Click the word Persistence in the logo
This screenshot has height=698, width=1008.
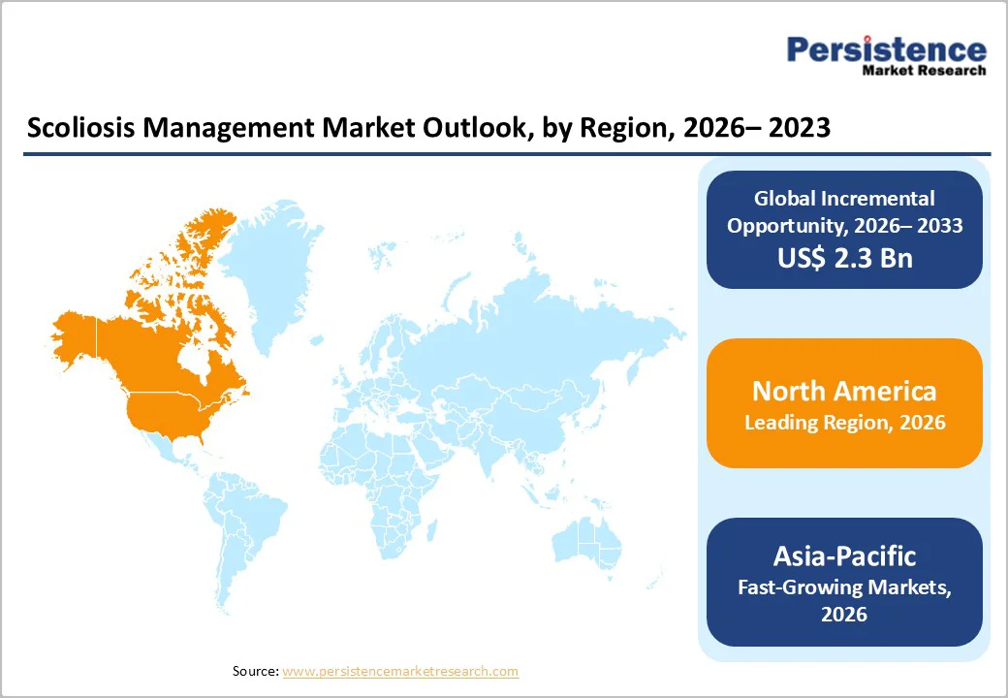pyautogui.click(x=886, y=49)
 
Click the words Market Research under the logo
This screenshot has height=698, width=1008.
pyautogui.click(x=924, y=71)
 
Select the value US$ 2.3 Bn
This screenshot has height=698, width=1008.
pyautogui.click(x=843, y=259)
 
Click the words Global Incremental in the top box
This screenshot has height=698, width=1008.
pyautogui.click(x=843, y=199)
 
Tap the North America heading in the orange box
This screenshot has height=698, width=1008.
pyautogui.click(x=843, y=391)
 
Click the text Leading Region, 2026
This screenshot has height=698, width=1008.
pyautogui.click(x=843, y=423)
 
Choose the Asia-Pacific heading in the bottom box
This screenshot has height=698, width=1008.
pyautogui.click(x=843, y=555)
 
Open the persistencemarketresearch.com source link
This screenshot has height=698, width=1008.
pyautogui.click(x=400, y=671)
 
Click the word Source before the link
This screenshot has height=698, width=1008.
pyautogui.click(x=255, y=671)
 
